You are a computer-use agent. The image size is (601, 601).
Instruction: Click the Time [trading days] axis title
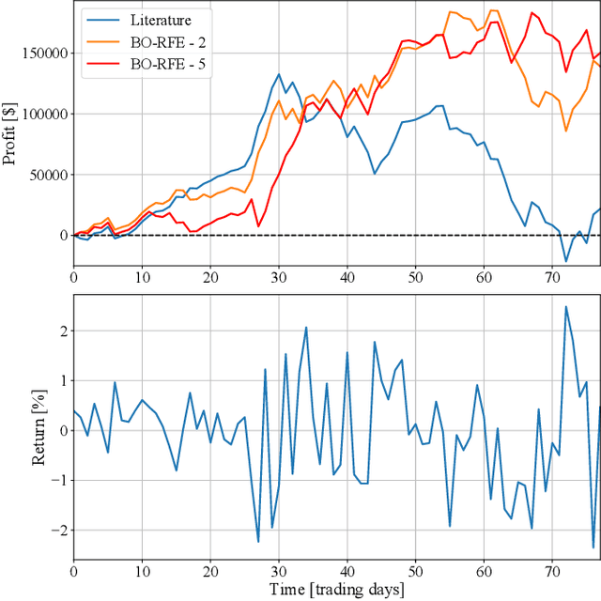[335, 589]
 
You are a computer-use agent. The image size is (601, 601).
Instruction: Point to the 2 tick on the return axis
[62, 331]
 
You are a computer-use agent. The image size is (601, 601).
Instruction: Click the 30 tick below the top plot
[278, 278]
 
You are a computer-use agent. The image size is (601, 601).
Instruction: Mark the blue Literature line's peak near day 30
[279, 74]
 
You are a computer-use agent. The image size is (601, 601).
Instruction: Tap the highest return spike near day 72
[565, 306]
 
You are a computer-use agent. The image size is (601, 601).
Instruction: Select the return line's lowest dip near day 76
[593, 547]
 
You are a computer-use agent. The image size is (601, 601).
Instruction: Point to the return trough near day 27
[258, 542]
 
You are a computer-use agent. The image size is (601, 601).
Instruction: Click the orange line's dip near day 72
[566, 131]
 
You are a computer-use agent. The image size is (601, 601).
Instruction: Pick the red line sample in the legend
[100, 64]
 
